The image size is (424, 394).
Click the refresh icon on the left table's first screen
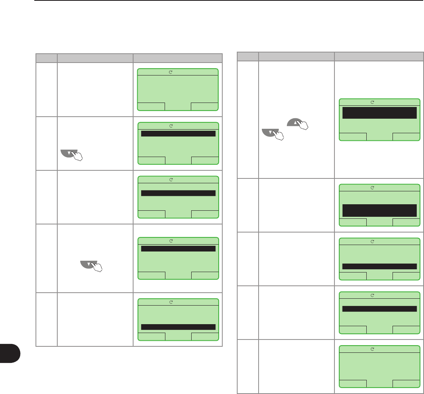point(171,71)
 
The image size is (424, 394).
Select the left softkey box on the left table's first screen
point(151,107)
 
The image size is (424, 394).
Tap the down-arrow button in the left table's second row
point(68,153)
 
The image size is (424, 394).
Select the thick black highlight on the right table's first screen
point(379,113)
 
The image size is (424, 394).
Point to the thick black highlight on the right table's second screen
point(379,210)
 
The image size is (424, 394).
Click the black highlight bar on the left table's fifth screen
point(178,327)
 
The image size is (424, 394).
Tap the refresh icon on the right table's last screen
point(372,348)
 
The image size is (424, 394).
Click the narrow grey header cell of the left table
point(46,57)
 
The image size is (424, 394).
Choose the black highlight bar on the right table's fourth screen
point(379,309)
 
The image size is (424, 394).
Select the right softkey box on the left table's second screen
point(205,160)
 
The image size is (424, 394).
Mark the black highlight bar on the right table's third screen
point(379,266)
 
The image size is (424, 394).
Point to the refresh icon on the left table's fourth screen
point(171,241)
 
